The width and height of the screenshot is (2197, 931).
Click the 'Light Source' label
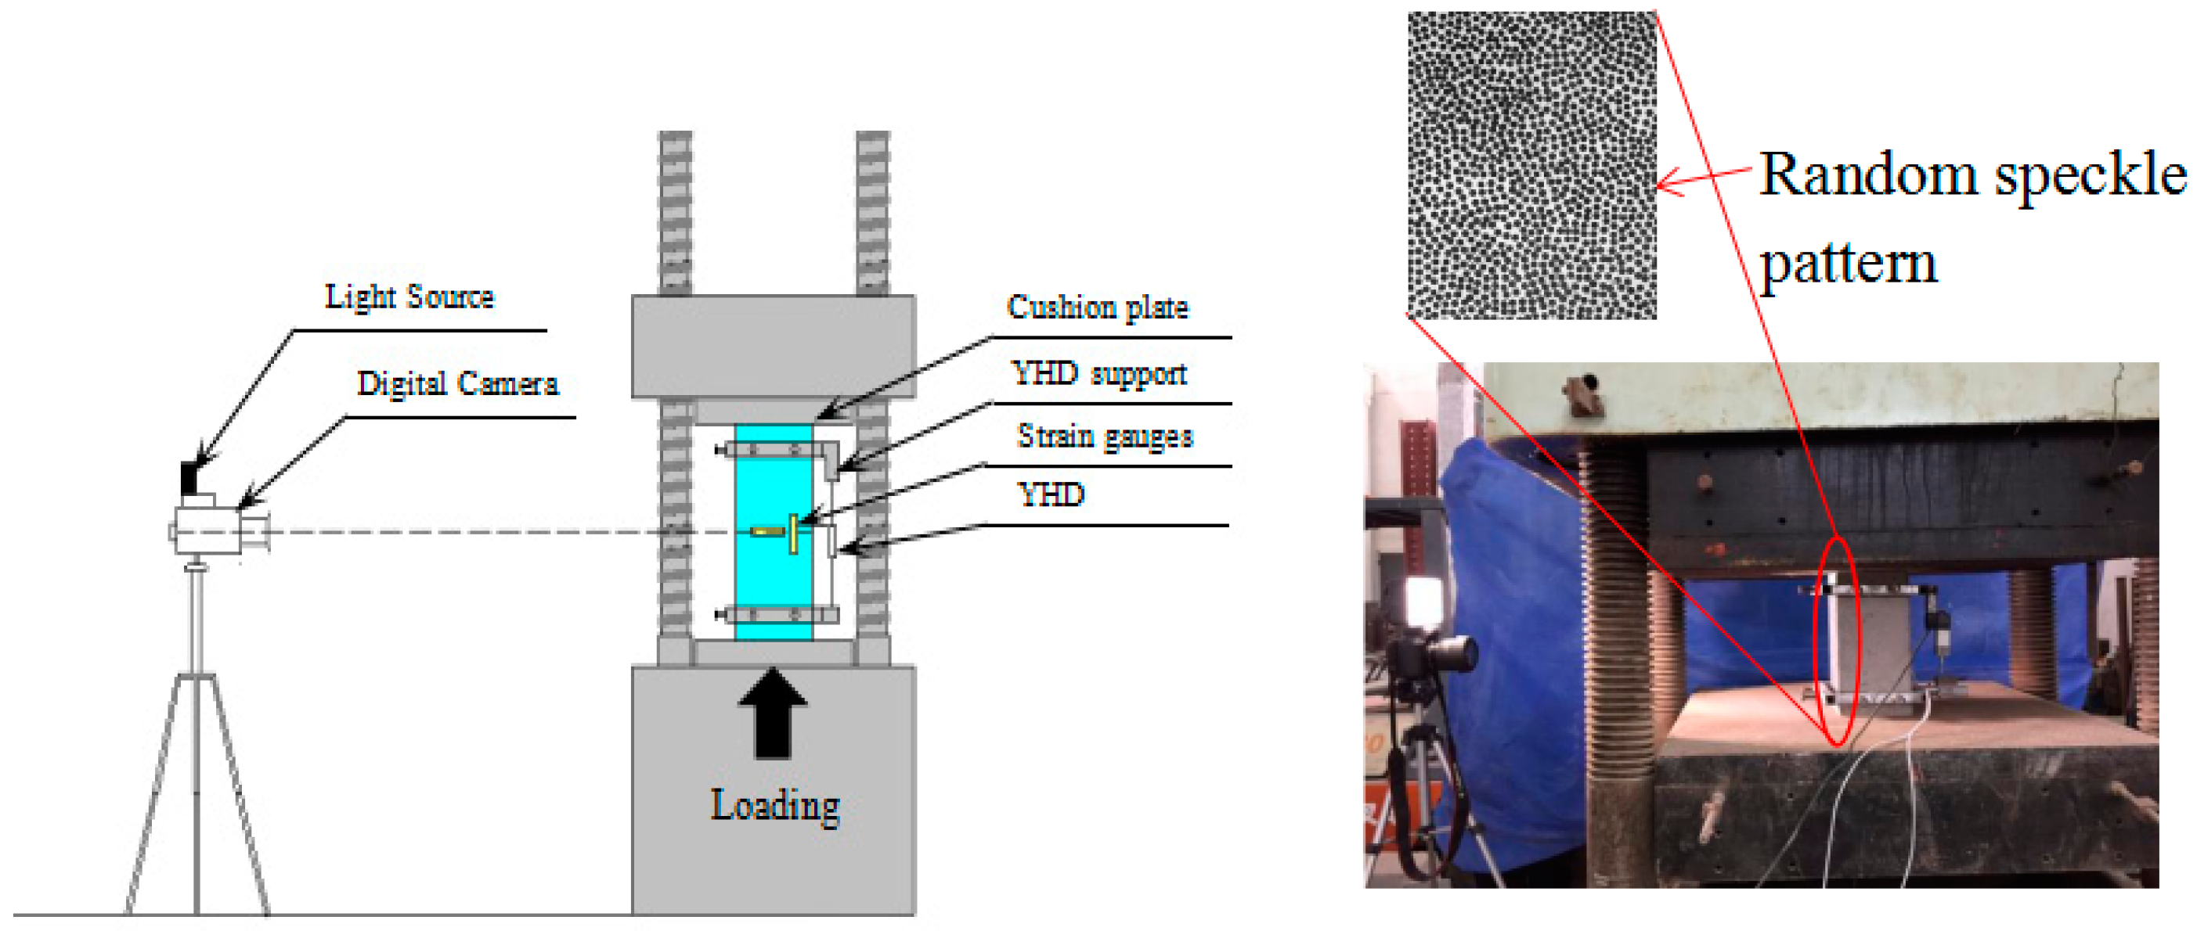tap(409, 297)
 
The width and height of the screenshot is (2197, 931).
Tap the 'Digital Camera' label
tap(457, 383)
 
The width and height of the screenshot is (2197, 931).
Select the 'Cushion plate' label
tap(1097, 307)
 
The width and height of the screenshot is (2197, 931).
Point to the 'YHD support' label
tap(1098, 373)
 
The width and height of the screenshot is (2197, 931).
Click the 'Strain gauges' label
tap(1105, 437)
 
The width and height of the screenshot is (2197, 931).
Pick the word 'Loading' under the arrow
tap(774, 805)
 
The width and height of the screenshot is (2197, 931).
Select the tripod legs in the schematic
tap(197, 793)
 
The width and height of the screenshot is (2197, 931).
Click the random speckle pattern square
tap(1531, 165)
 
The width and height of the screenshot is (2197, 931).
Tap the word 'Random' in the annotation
tap(1868, 175)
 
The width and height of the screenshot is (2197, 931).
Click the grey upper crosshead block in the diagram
tap(773, 345)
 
